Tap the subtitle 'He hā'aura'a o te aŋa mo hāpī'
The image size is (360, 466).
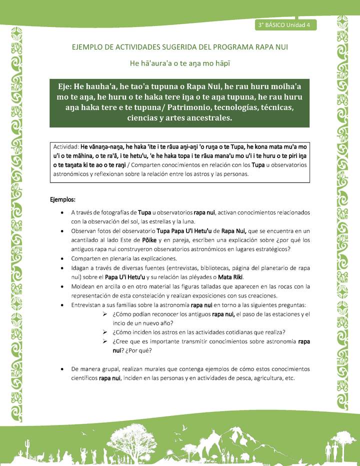180,63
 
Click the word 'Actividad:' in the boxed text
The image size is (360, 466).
66,147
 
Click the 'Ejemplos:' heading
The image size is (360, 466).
62,199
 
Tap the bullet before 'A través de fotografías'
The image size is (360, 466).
61,212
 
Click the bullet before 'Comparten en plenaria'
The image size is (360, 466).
61,258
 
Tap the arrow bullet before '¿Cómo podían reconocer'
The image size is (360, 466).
105,314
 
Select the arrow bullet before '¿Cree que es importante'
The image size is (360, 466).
105,341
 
